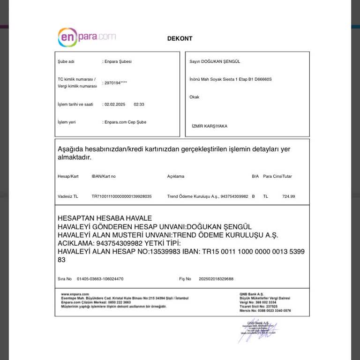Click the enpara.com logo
coord(87,37)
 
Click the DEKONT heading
coord(180,39)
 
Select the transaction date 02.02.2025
coord(115,104)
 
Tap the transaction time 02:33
coord(139,104)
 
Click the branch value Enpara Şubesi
coord(118,61)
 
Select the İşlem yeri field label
coord(67,122)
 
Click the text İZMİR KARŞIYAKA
coord(210,126)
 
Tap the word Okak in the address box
coord(195,97)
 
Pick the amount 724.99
coord(289,196)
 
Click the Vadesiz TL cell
coord(68,196)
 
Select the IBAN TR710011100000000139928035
coord(121,196)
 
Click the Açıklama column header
coord(176,176)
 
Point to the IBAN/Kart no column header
coord(104,176)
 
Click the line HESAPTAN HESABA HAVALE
coord(105,218)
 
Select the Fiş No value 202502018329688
coord(216,278)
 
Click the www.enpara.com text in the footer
coord(72,294)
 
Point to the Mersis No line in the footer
coord(265,310)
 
